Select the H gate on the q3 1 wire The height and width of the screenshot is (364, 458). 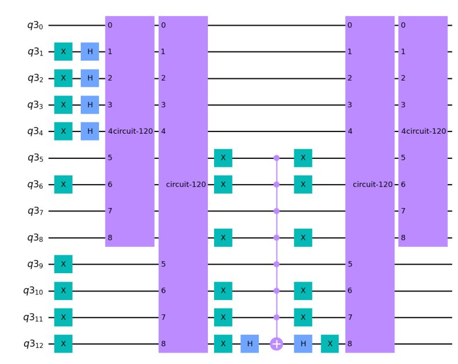pos(90,51)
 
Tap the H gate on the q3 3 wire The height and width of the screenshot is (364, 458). pos(90,105)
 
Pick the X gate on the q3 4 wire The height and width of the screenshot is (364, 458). pos(64,131)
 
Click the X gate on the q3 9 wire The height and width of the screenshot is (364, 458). pos(64,264)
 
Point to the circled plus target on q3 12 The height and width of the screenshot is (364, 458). pos(277,344)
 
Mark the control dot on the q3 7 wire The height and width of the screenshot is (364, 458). pos(277,211)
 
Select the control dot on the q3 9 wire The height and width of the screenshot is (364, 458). pos(277,264)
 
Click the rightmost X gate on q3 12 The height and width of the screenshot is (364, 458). pos(330,344)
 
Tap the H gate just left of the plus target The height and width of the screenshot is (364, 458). pos(250,344)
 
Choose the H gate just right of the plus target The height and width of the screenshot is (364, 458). pos(303,344)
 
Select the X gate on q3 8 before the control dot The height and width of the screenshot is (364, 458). pos(223,238)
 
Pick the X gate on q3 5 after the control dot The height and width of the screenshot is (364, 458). pos(303,158)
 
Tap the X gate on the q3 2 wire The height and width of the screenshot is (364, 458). pos(64,78)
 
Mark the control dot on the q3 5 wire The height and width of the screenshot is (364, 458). pos(277,158)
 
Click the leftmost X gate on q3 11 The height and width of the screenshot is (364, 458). pos(64,317)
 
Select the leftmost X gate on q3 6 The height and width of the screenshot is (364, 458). pos(64,185)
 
